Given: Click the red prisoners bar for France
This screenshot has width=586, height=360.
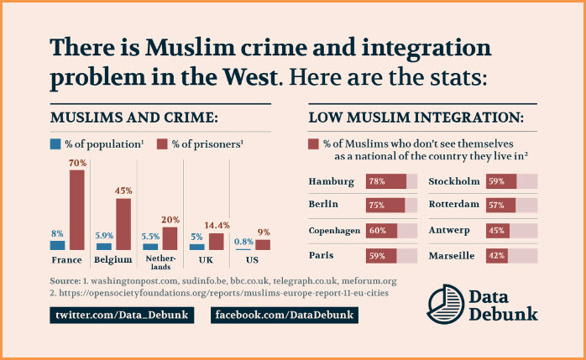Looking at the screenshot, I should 77,210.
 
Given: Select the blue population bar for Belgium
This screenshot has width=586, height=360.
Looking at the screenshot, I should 104,246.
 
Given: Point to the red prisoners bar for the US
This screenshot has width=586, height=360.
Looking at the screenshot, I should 263,245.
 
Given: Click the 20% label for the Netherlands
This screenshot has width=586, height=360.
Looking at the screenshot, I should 170,220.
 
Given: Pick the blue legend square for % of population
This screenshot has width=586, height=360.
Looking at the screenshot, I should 55,143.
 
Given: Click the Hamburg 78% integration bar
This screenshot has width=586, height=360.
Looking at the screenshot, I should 385,181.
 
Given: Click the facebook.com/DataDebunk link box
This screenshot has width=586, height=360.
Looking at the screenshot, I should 285,315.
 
